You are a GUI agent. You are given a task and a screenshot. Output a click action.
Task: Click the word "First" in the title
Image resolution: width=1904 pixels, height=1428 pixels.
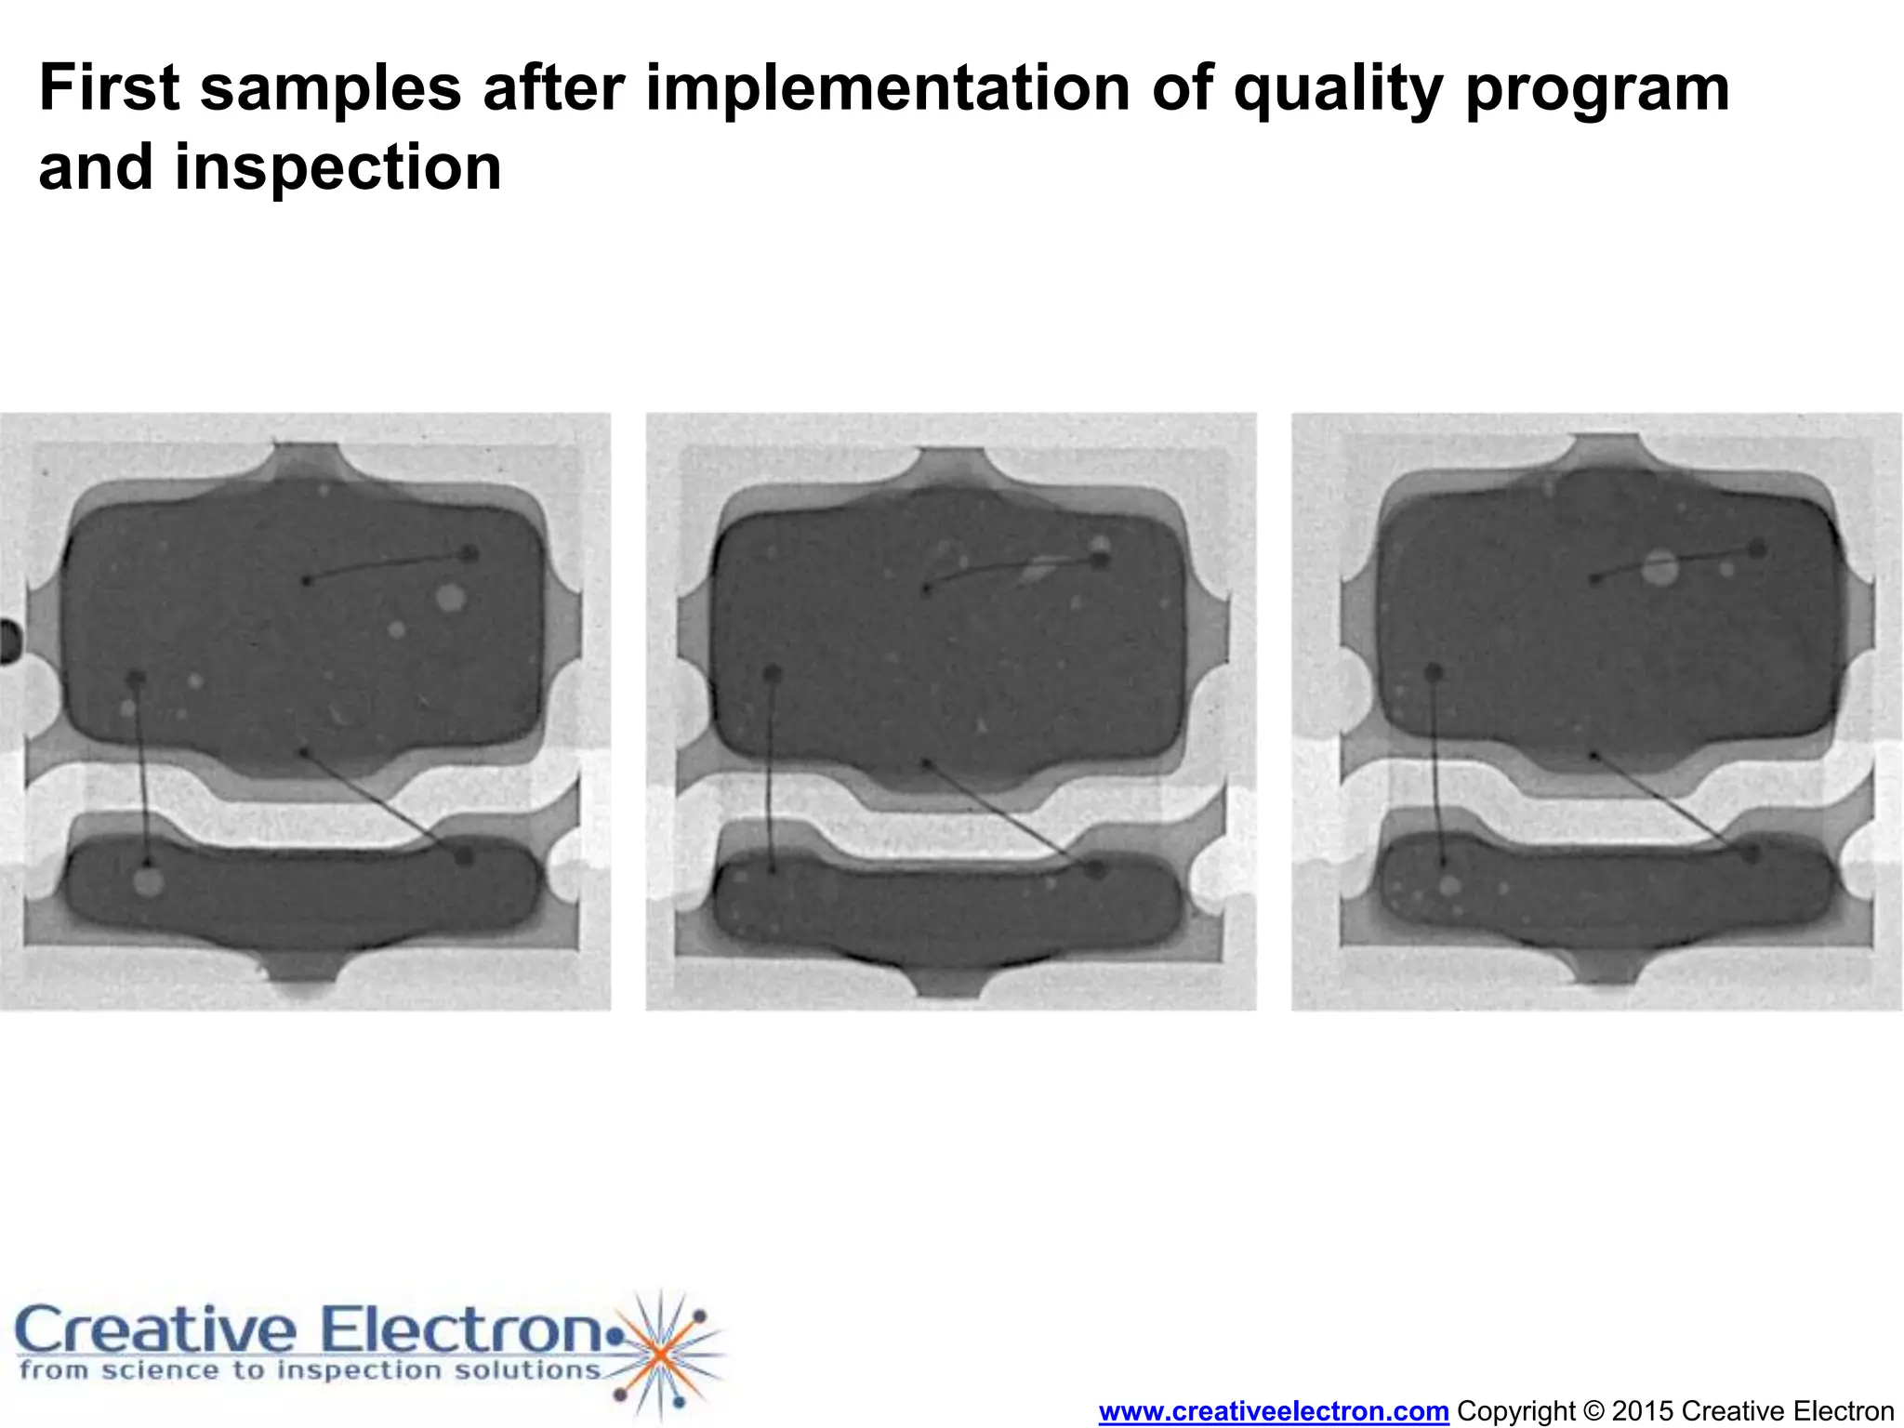[109, 88]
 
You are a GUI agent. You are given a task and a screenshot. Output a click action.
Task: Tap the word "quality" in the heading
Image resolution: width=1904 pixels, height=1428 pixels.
[1338, 90]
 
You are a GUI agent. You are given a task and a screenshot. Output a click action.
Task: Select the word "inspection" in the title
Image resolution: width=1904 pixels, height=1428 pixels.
[338, 168]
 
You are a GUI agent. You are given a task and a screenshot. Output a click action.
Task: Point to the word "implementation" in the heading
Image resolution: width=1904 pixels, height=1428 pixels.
[887, 90]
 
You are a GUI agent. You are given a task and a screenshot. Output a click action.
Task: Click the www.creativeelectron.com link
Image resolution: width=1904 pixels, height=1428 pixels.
[1273, 1411]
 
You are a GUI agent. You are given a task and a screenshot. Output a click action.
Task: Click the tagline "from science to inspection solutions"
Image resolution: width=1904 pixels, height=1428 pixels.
[310, 1370]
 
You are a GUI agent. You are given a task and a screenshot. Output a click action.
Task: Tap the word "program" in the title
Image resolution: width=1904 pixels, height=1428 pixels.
[1597, 90]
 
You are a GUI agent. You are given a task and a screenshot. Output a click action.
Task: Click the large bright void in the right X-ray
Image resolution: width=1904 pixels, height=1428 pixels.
[1659, 567]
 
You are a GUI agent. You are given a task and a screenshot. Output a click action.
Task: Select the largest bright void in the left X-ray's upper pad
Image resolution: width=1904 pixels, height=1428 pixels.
[450, 597]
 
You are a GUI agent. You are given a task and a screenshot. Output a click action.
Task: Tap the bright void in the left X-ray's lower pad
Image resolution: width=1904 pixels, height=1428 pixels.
[148, 880]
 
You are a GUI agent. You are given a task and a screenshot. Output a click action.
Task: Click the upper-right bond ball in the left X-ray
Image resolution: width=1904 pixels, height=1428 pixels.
[470, 554]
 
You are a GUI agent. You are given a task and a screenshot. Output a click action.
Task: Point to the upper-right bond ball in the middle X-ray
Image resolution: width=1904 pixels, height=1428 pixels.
[1100, 560]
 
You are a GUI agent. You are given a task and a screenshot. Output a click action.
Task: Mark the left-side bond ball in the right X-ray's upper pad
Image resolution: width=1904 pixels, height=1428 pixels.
[1434, 671]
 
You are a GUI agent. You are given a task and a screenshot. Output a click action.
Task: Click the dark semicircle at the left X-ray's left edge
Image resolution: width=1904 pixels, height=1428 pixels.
[9, 641]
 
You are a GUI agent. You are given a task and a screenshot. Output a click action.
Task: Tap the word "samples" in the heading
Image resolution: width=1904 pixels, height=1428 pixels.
[330, 90]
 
